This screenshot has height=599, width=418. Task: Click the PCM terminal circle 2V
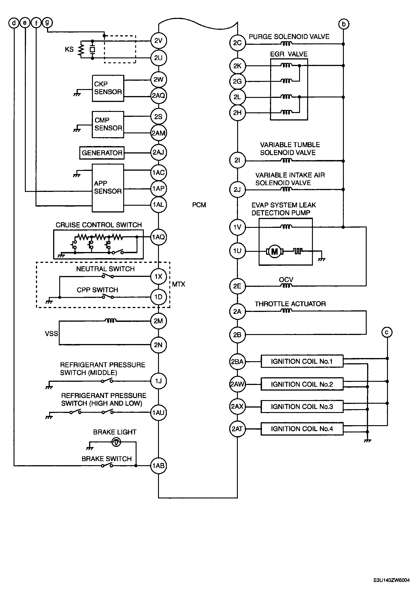[x=158, y=41]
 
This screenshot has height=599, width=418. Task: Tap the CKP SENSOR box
[x=108, y=88]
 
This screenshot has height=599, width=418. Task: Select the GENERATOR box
[x=102, y=153]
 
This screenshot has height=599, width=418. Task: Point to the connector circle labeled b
[x=343, y=24]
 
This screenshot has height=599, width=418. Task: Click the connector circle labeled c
[x=387, y=332]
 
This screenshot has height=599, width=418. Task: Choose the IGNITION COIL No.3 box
[x=302, y=406]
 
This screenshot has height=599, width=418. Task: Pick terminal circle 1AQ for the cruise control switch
[x=158, y=237]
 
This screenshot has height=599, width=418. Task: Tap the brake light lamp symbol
[x=116, y=442]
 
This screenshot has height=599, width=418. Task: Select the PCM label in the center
[x=199, y=205]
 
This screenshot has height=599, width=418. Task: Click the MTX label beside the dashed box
[x=178, y=284]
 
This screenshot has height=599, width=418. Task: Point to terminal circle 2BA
[x=237, y=362]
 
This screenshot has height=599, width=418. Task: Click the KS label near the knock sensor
[x=69, y=49]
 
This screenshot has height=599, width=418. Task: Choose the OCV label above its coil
[x=286, y=279]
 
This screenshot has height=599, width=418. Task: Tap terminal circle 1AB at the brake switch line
[x=158, y=465]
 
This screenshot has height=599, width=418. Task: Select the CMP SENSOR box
[x=108, y=125]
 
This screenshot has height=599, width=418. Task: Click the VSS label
[x=51, y=333]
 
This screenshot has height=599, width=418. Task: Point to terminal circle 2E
[x=237, y=286]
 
